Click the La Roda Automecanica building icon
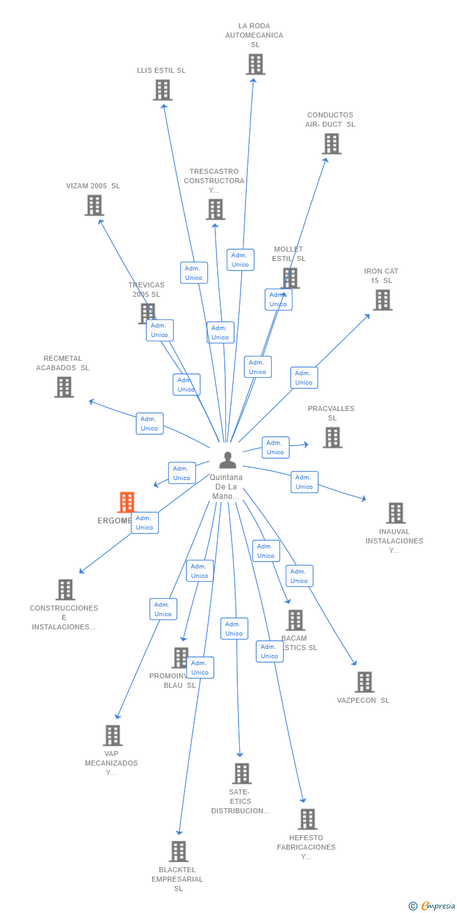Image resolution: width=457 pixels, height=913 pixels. coord(255,65)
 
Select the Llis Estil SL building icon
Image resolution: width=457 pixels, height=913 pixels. coord(163,90)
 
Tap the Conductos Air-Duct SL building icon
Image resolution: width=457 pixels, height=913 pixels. coord(331,144)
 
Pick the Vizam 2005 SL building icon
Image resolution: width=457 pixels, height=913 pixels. coord(94,205)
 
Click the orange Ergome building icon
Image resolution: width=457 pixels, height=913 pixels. coord(127,503)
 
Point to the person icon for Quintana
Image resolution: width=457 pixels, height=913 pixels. coord(227,460)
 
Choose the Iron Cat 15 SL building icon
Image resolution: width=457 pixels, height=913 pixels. coord(382,300)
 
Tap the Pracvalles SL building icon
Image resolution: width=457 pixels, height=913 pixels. coord(332,437)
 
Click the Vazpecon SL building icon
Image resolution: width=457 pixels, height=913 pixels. coord(364,682)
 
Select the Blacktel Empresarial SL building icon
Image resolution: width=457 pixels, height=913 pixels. coord(179,852)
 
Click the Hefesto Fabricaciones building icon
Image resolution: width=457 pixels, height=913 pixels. coord(308,820)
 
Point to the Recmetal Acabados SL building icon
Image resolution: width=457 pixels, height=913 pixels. coord(64,387)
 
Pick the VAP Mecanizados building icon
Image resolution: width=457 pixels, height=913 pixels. coord(112,735)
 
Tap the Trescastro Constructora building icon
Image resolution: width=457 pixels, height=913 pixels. coord(215,209)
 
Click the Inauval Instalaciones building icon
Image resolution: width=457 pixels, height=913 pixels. coord(395,513)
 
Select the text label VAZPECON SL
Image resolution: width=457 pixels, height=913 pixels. coord(363,700)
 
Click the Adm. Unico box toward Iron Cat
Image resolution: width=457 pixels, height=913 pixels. coord(304,378)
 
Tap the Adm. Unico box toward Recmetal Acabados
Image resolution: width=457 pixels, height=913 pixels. coord(149,424)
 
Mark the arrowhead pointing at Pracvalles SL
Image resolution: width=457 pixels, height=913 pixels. coord(306,444)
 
